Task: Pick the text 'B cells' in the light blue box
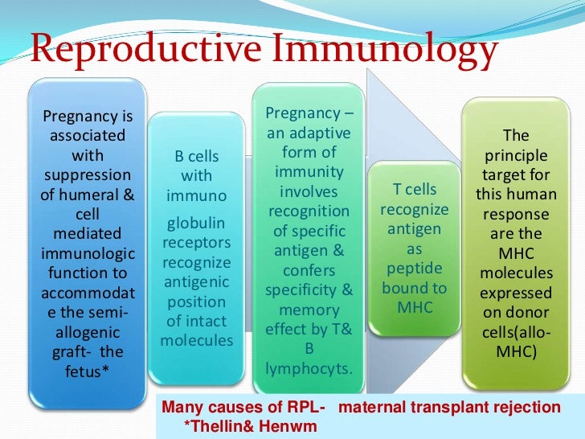tap(197, 155)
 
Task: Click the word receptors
tap(197, 242)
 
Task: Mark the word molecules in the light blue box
tap(197, 340)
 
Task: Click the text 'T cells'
tap(415, 190)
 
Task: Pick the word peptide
tap(415, 268)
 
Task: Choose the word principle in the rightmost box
tap(515, 156)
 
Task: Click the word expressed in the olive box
tap(515, 293)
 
